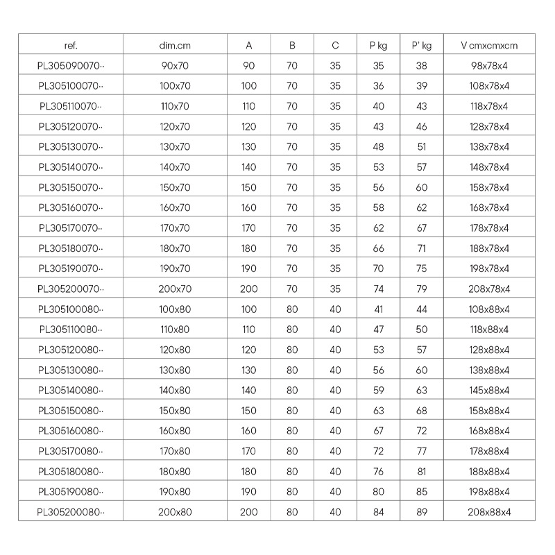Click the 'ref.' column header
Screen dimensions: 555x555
[x=70, y=46]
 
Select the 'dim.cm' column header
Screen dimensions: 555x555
[x=175, y=46]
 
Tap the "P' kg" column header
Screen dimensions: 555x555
[x=421, y=46]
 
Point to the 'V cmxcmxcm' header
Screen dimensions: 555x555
[x=489, y=46]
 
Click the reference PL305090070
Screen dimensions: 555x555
[x=70, y=66]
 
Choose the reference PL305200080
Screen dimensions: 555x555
[x=70, y=512]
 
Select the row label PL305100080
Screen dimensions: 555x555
[x=70, y=309]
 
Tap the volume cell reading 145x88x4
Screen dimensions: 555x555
[x=489, y=390]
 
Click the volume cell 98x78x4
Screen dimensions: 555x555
[x=489, y=66]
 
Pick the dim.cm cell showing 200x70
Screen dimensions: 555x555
[x=175, y=289]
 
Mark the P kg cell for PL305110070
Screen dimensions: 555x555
[x=378, y=106]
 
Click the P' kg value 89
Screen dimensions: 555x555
[x=421, y=512]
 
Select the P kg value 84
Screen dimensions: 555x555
[x=378, y=512]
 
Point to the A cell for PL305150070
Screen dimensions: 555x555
[x=248, y=187]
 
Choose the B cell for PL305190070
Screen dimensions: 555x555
[x=292, y=268]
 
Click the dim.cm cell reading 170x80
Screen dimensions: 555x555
[x=175, y=451]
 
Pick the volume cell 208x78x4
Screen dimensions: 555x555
[x=489, y=289]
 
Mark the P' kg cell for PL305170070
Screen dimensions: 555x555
[x=421, y=228]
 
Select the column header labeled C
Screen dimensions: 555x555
[x=335, y=46]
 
